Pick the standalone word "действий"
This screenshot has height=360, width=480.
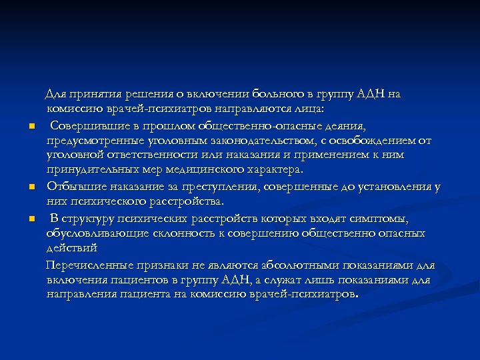[x=72, y=248]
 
